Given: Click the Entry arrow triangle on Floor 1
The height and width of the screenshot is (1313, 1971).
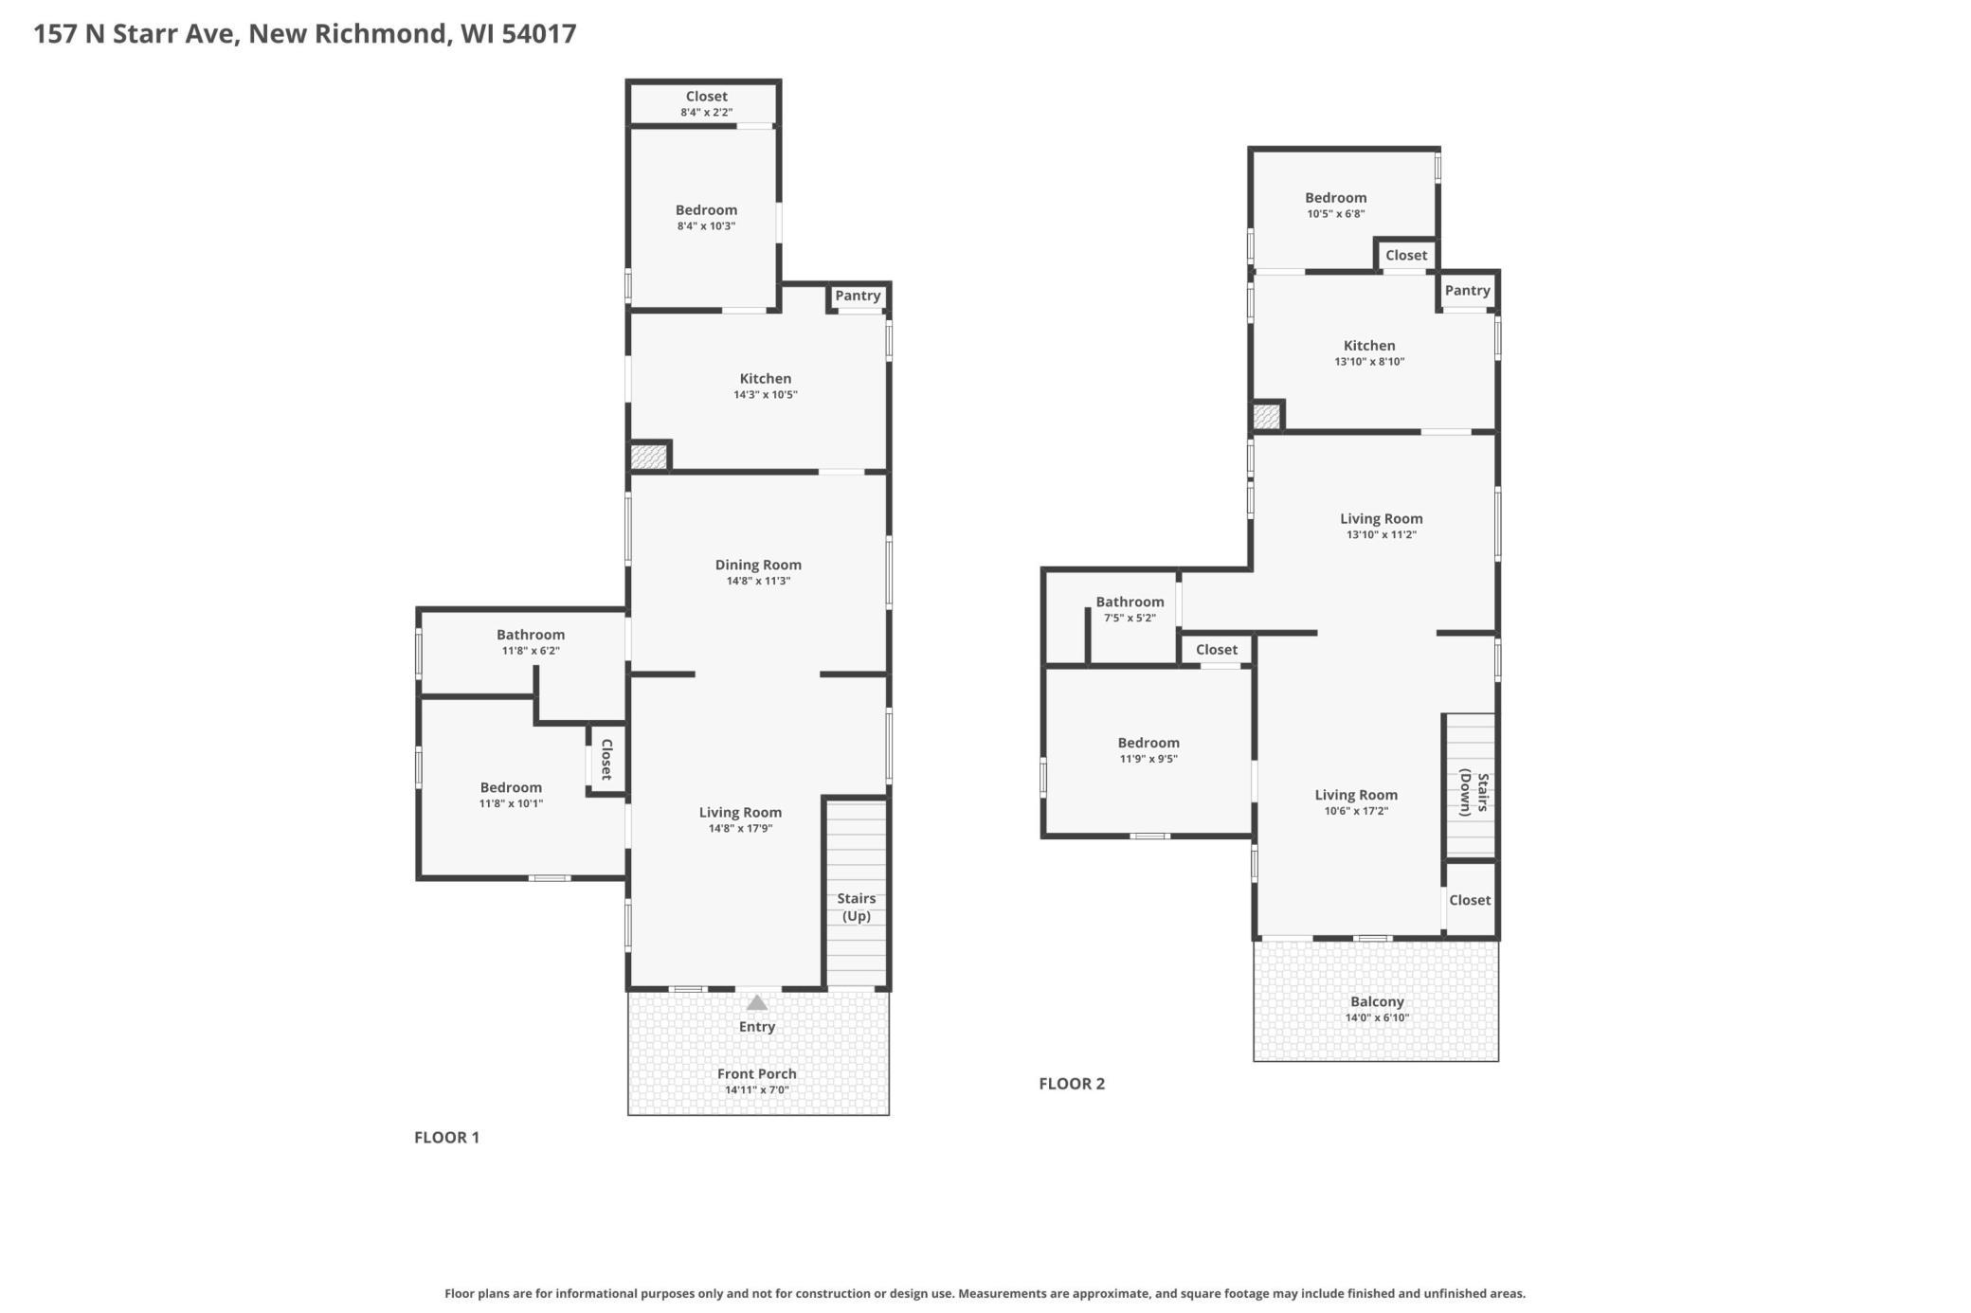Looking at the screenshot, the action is pyautogui.click(x=756, y=1002).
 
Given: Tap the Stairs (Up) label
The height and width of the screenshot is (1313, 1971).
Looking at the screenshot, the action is pyautogui.click(x=857, y=907).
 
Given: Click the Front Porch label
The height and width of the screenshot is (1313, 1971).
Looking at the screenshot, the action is pyautogui.click(x=756, y=1073).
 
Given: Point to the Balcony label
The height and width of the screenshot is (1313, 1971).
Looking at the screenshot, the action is pyautogui.click(x=1377, y=1001).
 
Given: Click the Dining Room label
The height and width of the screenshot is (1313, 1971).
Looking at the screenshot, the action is pyautogui.click(x=758, y=565).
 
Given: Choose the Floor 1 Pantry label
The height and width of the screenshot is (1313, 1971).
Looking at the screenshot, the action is pyautogui.click(x=858, y=296).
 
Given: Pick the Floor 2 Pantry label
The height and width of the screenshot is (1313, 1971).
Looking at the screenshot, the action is pyautogui.click(x=1467, y=290).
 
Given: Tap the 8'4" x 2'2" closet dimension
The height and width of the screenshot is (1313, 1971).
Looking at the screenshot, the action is pyautogui.click(x=706, y=113).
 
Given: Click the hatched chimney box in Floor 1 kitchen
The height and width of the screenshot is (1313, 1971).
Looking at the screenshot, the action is pyautogui.click(x=649, y=457).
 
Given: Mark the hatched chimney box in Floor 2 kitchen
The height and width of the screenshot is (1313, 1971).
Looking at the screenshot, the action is pyautogui.click(x=1266, y=416).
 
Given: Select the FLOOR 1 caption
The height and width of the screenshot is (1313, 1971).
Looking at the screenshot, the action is pyautogui.click(x=446, y=1137).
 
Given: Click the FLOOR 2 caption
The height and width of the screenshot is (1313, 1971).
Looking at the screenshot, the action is pyautogui.click(x=1072, y=1084).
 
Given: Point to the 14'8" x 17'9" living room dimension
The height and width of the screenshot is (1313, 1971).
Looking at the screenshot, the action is pyautogui.click(x=740, y=829).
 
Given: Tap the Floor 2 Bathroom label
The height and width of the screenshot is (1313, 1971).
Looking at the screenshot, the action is pyautogui.click(x=1130, y=602).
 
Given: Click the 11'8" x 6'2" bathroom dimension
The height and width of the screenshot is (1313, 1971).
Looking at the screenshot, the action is pyautogui.click(x=531, y=651).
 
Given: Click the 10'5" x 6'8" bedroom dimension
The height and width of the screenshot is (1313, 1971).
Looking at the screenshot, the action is pyautogui.click(x=1335, y=214).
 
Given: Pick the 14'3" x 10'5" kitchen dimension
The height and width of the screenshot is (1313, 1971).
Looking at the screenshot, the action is pyautogui.click(x=765, y=395).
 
